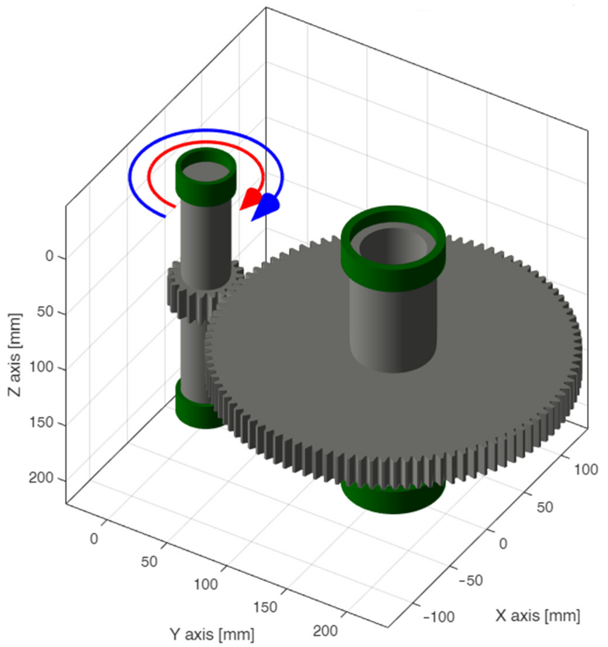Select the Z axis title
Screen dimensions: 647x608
point(15,355)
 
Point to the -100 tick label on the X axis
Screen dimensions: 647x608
point(438,617)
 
